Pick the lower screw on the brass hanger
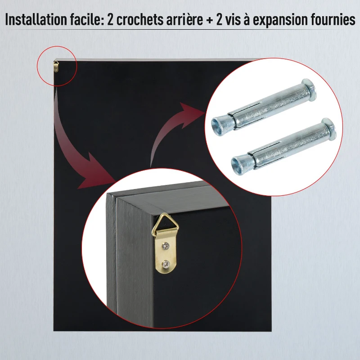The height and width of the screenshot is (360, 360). coord(166,266)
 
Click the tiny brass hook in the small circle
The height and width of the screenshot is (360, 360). coord(55,66)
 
